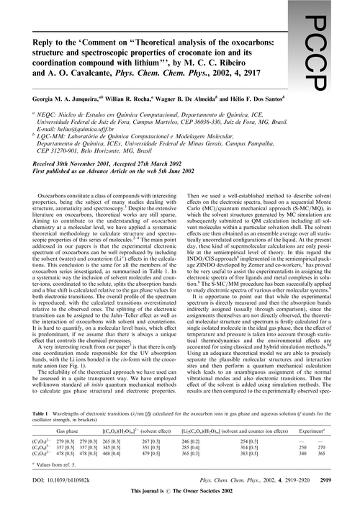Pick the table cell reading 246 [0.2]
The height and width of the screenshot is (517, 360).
190,440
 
